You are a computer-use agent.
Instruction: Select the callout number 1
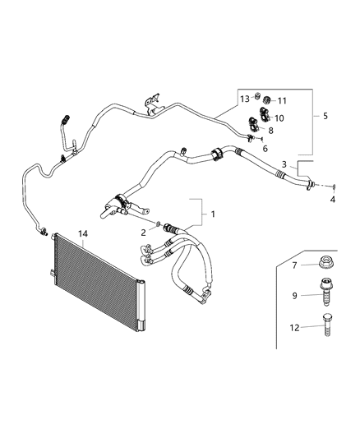coord(214,214)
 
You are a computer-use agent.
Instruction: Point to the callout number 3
coord(284,164)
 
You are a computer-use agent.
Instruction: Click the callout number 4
coord(333,199)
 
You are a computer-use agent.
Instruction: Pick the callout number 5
coord(325,117)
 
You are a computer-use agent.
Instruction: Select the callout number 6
coord(265,149)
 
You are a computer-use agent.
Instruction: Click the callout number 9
coord(293,294)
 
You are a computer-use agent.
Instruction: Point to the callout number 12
coord(293,329)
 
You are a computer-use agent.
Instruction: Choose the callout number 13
coord(245,99)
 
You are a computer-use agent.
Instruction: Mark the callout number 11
coord(282,100)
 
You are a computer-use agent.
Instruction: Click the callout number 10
coord(279,118)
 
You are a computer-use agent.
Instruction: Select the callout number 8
coord(271,130)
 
